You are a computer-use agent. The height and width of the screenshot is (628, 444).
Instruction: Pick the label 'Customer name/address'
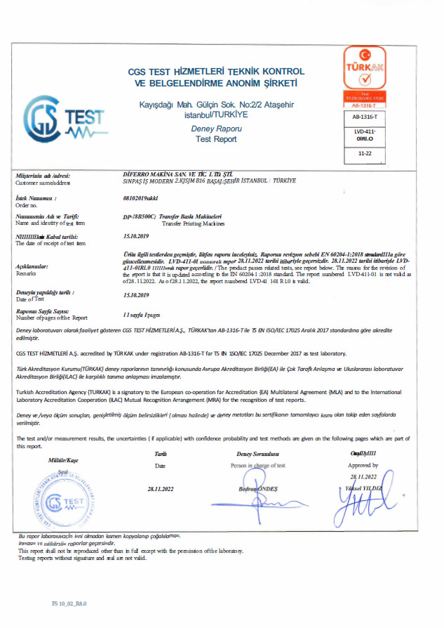(43, 182)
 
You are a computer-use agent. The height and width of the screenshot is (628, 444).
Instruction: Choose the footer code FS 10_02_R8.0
(69, 603)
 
